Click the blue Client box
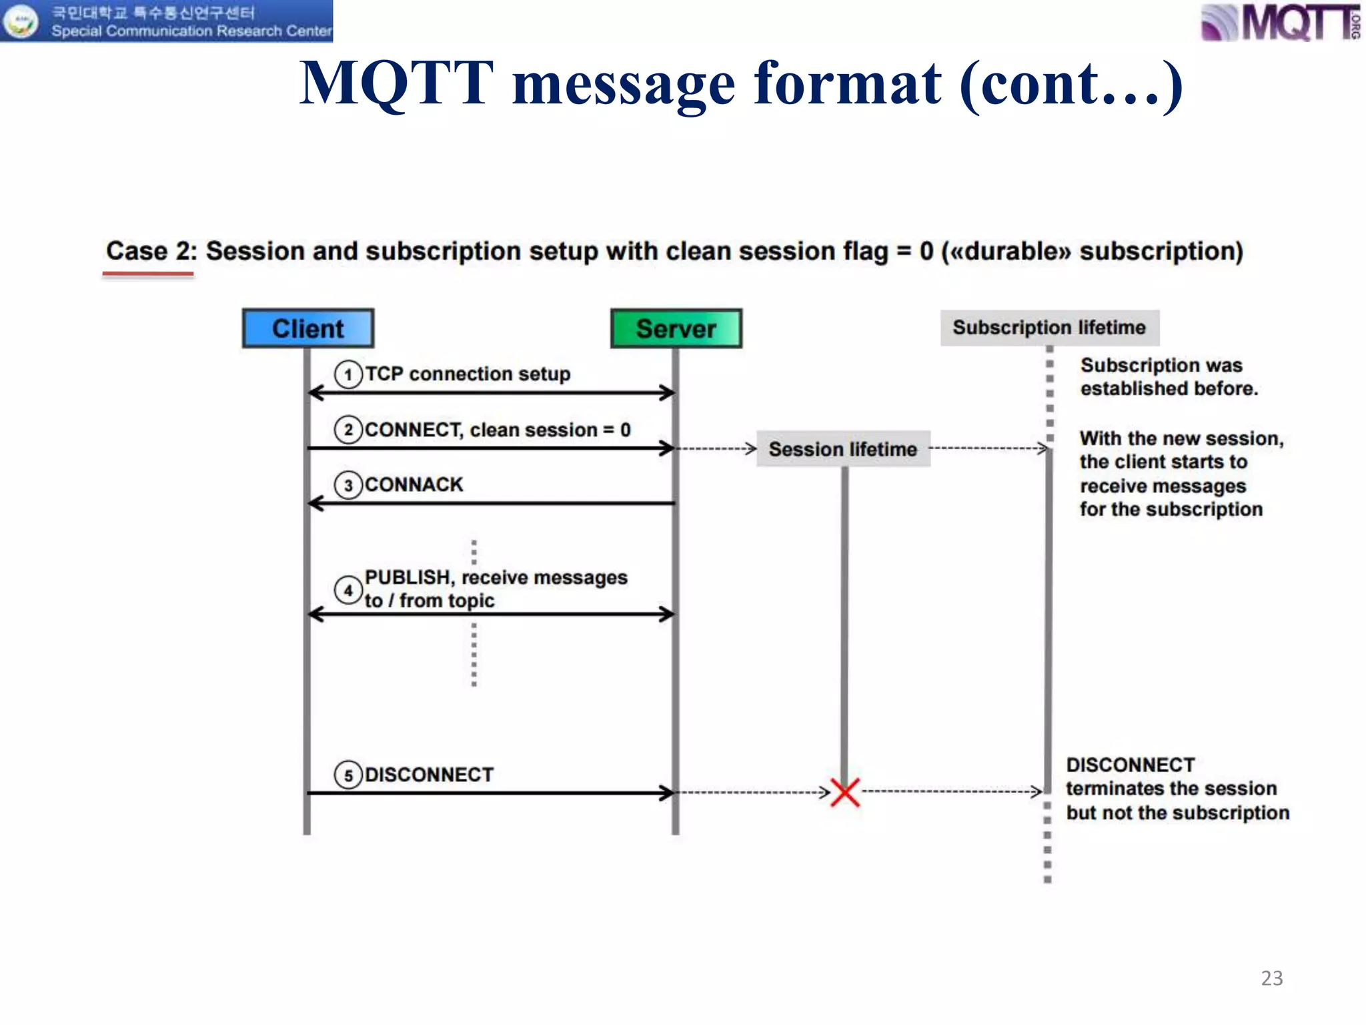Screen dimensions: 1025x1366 coord(308,328)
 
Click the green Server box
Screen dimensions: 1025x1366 coord(676,328)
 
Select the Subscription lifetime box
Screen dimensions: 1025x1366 coord(1049,328)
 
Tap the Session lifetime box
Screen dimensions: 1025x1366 coord(843,449)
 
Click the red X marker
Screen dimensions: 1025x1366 coord(845,792)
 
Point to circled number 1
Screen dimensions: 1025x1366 coord(348,374)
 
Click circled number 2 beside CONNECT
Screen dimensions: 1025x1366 coord(348,430)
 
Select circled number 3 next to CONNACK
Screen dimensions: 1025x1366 coord(348,485)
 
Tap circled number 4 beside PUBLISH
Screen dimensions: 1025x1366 coord(348,590)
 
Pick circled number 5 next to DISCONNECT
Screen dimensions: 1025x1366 coord(348,775)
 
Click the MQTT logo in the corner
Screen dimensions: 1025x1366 coord(1281,23)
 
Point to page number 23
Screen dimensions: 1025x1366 coord(1272,978)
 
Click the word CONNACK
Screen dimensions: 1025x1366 coord(414,484)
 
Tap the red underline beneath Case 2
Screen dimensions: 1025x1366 coord(147,274)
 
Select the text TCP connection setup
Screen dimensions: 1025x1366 coord(468,374)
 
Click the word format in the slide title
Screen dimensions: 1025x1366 coord(848,84)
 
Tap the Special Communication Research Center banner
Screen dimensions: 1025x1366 coord(167,21)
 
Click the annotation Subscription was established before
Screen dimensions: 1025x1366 coord(1169,377)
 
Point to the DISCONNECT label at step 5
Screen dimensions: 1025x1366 coord(429,775)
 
